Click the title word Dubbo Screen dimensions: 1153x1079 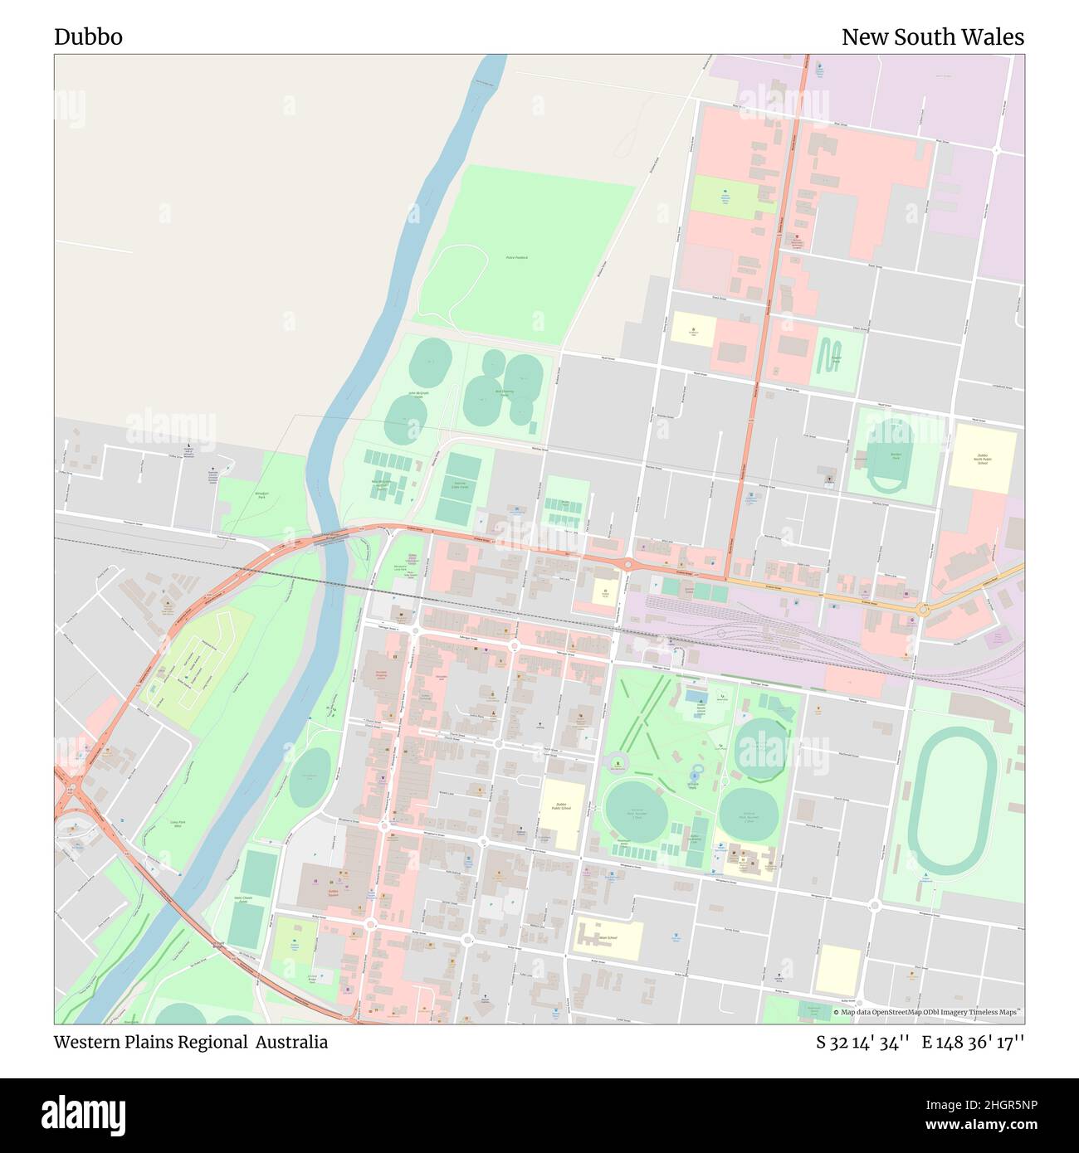[88, 37]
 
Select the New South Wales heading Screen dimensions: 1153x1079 [932, 37]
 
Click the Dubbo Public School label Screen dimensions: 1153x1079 [562, 805]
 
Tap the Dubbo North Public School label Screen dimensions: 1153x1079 [983, 459]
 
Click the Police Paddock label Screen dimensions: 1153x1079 [516, 258]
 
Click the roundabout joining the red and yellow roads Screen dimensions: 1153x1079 [628, 566]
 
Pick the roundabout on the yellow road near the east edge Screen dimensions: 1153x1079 [923, 611]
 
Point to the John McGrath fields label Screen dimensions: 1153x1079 [419, 394]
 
